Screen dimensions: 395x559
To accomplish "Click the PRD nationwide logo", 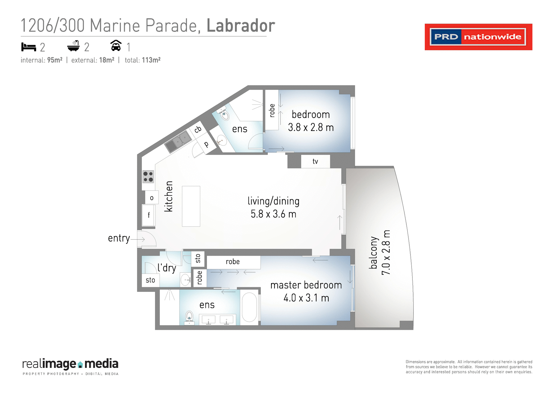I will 478,37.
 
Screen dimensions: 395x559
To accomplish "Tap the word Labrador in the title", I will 240,26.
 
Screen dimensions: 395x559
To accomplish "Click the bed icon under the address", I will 29,47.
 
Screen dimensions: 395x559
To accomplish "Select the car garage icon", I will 116,46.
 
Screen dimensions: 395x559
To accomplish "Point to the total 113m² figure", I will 151,60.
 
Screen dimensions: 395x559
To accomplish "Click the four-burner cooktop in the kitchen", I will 148,177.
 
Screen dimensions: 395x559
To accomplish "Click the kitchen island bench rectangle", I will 191,206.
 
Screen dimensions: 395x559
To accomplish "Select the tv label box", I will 315,162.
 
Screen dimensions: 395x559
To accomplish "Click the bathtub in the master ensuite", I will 249,307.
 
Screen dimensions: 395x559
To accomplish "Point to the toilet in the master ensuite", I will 190,317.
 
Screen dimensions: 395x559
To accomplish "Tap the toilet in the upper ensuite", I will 225,115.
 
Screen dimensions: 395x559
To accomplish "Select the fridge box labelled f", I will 148,215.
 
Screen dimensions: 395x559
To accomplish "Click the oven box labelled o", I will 152,198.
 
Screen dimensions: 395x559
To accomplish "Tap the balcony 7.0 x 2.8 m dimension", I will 386,253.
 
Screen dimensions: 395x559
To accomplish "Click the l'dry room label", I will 167,268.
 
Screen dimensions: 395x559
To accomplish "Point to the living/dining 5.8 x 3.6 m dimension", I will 273,214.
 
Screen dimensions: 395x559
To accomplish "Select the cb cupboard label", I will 198,129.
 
